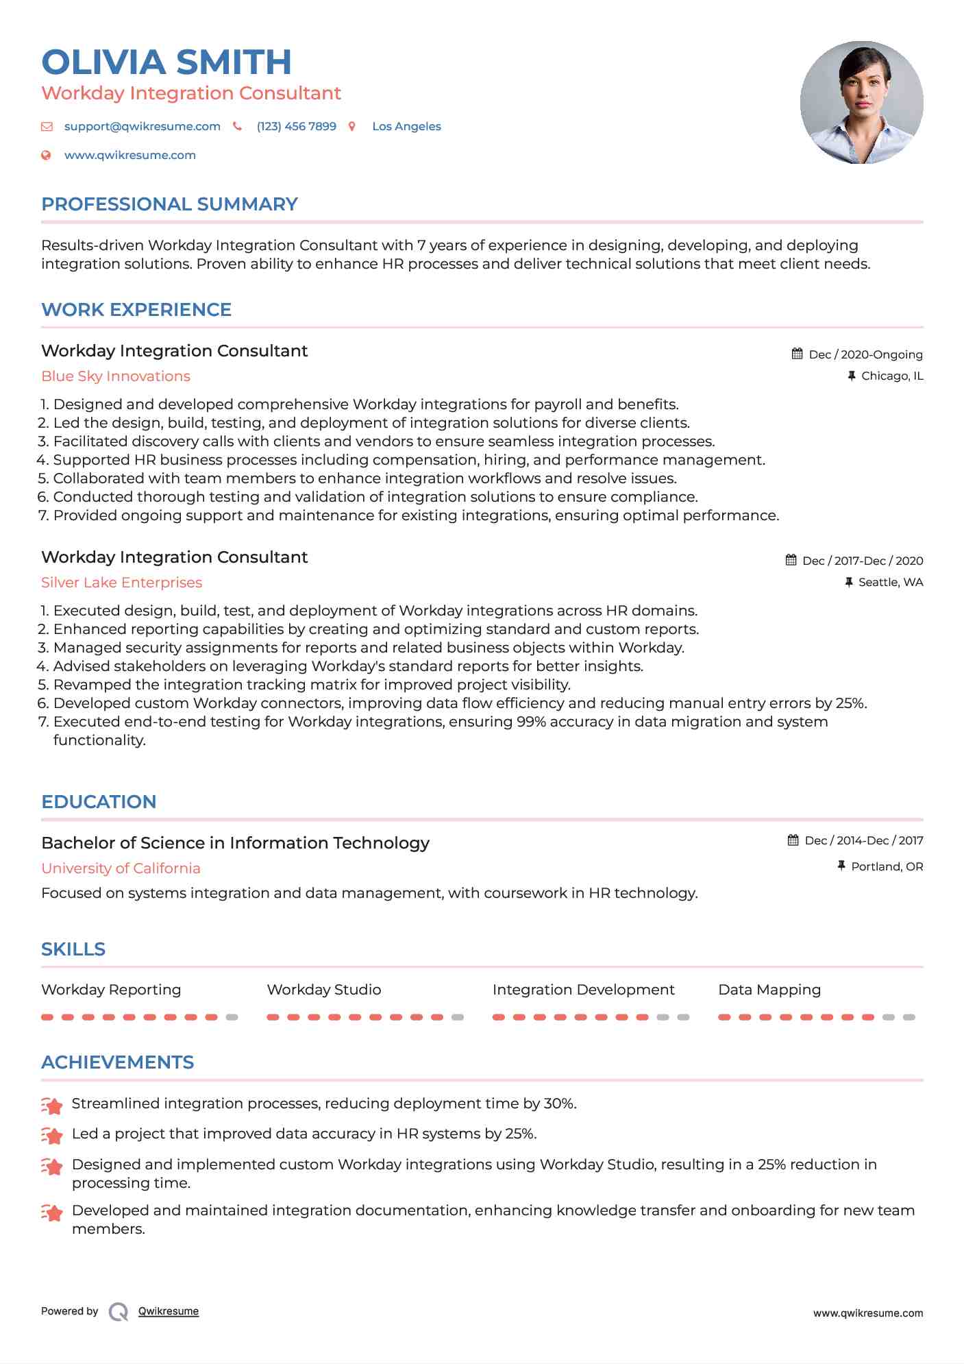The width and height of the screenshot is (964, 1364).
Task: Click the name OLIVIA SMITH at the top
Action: point(166,62)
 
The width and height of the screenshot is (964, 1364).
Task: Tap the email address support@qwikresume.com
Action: point(142,127)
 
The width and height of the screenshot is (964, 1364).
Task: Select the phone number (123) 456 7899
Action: point(296,127)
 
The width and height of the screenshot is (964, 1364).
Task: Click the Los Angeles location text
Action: point(406,127)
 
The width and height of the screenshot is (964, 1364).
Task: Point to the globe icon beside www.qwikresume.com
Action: point(46,156)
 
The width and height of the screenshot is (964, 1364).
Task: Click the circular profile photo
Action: point(861,103)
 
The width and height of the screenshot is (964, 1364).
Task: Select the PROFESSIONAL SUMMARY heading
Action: point(169,204)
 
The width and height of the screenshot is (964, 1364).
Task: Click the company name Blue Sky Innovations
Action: point(116,376)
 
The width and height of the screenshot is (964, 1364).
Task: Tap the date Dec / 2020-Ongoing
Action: point(865,355)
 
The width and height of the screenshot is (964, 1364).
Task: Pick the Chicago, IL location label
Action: point(892,376)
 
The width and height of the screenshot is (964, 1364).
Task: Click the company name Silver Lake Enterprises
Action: point(121,583)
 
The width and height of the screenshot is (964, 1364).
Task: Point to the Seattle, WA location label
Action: point(891,583)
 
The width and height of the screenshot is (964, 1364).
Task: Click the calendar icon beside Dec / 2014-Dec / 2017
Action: point(793,840)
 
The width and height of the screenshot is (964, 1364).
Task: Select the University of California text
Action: point(121,868)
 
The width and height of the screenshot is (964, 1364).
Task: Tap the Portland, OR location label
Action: point(887,867)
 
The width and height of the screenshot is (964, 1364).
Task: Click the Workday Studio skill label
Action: point(323,990)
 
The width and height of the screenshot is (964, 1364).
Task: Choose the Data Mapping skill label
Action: point(769,990)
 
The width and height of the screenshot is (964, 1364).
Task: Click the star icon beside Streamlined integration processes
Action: point(52,1105)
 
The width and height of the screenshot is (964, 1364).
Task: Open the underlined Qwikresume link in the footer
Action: point(169,1311)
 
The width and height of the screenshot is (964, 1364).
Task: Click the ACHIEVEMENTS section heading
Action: point(117,1062)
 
